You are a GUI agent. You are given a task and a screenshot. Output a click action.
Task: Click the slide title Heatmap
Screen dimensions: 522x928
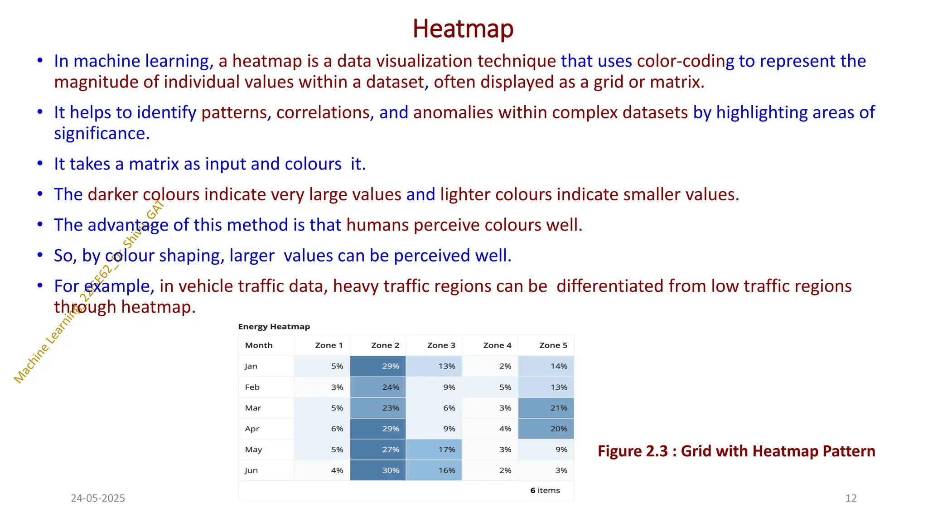pyautogui.click(x=463, y=29)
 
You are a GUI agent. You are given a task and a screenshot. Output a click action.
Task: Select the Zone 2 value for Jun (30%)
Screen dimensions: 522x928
pyautogui.click(x=378, y=470)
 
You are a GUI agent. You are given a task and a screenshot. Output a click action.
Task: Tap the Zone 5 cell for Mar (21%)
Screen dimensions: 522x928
pyautogui.click(x=546, y=408)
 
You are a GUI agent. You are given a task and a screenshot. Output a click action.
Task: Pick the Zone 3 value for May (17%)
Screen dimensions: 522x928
pyautogui.click(x=434, y=449)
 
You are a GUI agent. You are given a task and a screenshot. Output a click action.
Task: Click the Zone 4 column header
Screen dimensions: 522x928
pyautogui.click(x=497, y=345)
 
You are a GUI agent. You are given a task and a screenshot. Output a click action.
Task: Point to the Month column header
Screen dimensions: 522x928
pyautogui.click(x=259, y=345)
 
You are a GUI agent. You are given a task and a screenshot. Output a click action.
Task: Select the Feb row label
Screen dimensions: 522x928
pyautogui.click(x=252, y=387)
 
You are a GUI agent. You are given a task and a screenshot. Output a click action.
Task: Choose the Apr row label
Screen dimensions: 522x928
pyautogui.click(x=252, y=429)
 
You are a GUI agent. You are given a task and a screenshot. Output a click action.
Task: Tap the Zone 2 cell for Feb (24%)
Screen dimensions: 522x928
pyautogui.click(x=378, y=387)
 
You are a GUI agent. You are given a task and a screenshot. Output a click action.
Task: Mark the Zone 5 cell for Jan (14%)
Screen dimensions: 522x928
pyautogui.click(x=546, y=366)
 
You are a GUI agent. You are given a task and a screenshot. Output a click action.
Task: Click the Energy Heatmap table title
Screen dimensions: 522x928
pyautogui.click(x=274, y=327)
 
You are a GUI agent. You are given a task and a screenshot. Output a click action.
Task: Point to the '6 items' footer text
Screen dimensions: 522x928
pyautogui.click(x=545, y=490)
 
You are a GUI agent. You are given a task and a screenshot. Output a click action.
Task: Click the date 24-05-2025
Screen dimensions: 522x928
pyautogui.click(x=98, y=498)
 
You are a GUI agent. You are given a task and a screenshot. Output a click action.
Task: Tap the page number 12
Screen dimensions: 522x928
pyautogui.click(x=851, y=498)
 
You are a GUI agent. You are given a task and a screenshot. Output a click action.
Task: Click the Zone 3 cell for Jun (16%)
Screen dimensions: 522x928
pyautogui.click(x=434, y=470)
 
